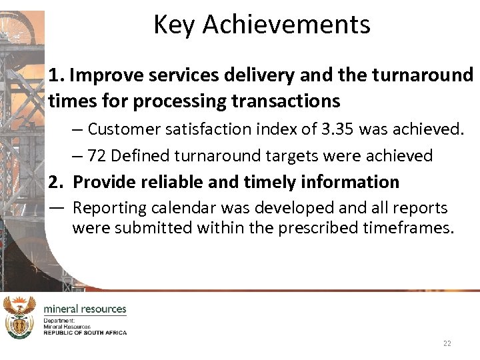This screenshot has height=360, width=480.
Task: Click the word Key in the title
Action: [175, 25]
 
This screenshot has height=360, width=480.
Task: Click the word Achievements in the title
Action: [286, 25]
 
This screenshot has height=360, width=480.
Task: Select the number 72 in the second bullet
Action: [97, 155]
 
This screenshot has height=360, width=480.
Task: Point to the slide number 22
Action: [447, 343]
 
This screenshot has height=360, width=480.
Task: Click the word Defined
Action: [141, 155]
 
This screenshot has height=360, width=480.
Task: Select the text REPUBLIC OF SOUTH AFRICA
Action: [85, 332]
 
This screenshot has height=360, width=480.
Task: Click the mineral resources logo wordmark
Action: [85, 309]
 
